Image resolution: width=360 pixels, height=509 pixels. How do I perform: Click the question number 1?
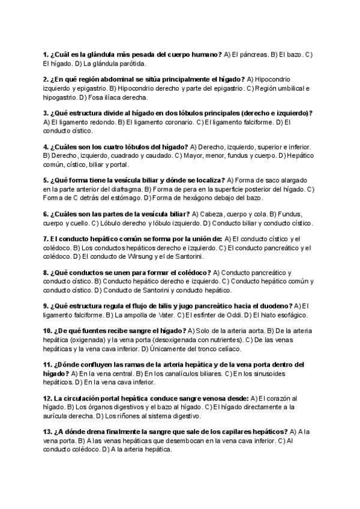point(46,55)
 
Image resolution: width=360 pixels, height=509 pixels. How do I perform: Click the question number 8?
point(46,273)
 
